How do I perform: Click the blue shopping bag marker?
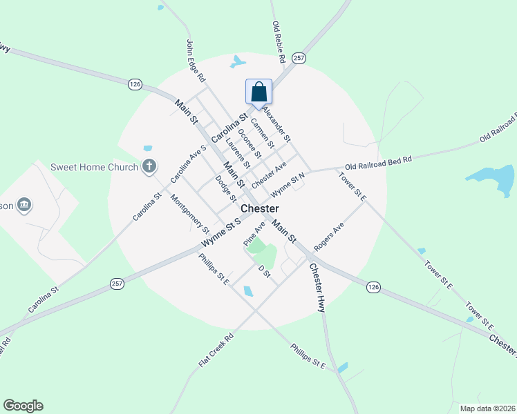(258, 92)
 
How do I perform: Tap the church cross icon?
(148, 166)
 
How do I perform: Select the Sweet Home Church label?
(94, 166)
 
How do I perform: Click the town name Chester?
(260, 208)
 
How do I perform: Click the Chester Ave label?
(269, 176)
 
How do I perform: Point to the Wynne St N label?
(288, 184)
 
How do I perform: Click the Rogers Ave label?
(328, 238)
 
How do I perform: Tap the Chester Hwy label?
(317, 287)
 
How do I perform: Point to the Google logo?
(23, 406)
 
